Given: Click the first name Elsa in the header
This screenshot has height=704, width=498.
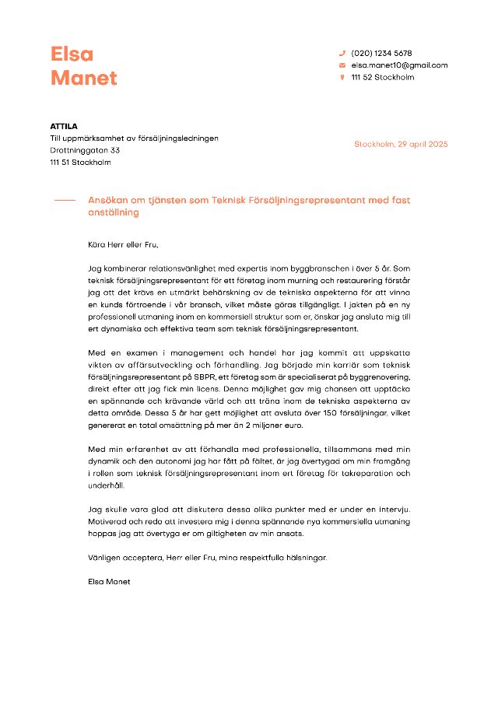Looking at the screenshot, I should pyautogui.click(x=72, y=54).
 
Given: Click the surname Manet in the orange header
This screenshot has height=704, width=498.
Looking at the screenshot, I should pyautogui.click(x=83, y=78).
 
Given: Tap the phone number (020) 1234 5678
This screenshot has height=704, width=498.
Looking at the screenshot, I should pyautogui.click(x=381, y=53).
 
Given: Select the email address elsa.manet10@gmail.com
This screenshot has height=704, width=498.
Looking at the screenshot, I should pyautogui.click(x=399, y=65).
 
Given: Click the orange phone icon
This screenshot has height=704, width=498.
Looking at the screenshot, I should pyautogui.click(x=342, y=53).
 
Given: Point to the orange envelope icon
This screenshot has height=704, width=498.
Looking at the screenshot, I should pyautogui.click(x=342, y=65).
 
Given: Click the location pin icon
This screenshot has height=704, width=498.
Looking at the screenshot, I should pyautogui.click(x=342, y=77).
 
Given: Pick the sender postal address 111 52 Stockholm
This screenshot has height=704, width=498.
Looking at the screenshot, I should pyautogui.click(x=382, y=77).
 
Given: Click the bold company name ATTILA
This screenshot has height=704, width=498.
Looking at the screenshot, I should pyautogui.click(x=64, y=125).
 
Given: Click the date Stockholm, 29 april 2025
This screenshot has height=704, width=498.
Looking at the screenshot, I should pyautogui.click(x=401, y=144).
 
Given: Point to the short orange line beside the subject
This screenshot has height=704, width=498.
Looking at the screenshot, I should pyautogui.click(x=65, y=201).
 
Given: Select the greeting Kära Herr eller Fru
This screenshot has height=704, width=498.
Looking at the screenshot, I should pyautogui.click(x=123, y=244).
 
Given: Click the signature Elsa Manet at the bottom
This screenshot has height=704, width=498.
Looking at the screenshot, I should pyautogui.click(x=110, y=581).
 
